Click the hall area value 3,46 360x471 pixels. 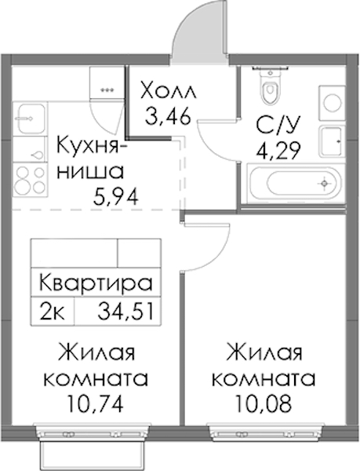pos(168,115)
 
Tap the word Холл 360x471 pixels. pos(169,91)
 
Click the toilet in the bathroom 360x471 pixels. pos(271,86)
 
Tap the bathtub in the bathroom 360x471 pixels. pos(293,183)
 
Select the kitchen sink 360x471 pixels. pos(30,119)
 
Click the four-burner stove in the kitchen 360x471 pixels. pos(30,181)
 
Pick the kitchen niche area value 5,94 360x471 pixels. pos(115,197)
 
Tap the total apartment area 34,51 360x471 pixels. pos(125,312)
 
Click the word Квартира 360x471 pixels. pos(96,283)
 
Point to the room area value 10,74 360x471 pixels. pos(96,404)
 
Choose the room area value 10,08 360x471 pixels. pos(264,404)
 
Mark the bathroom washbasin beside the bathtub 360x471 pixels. pos(332,141)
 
